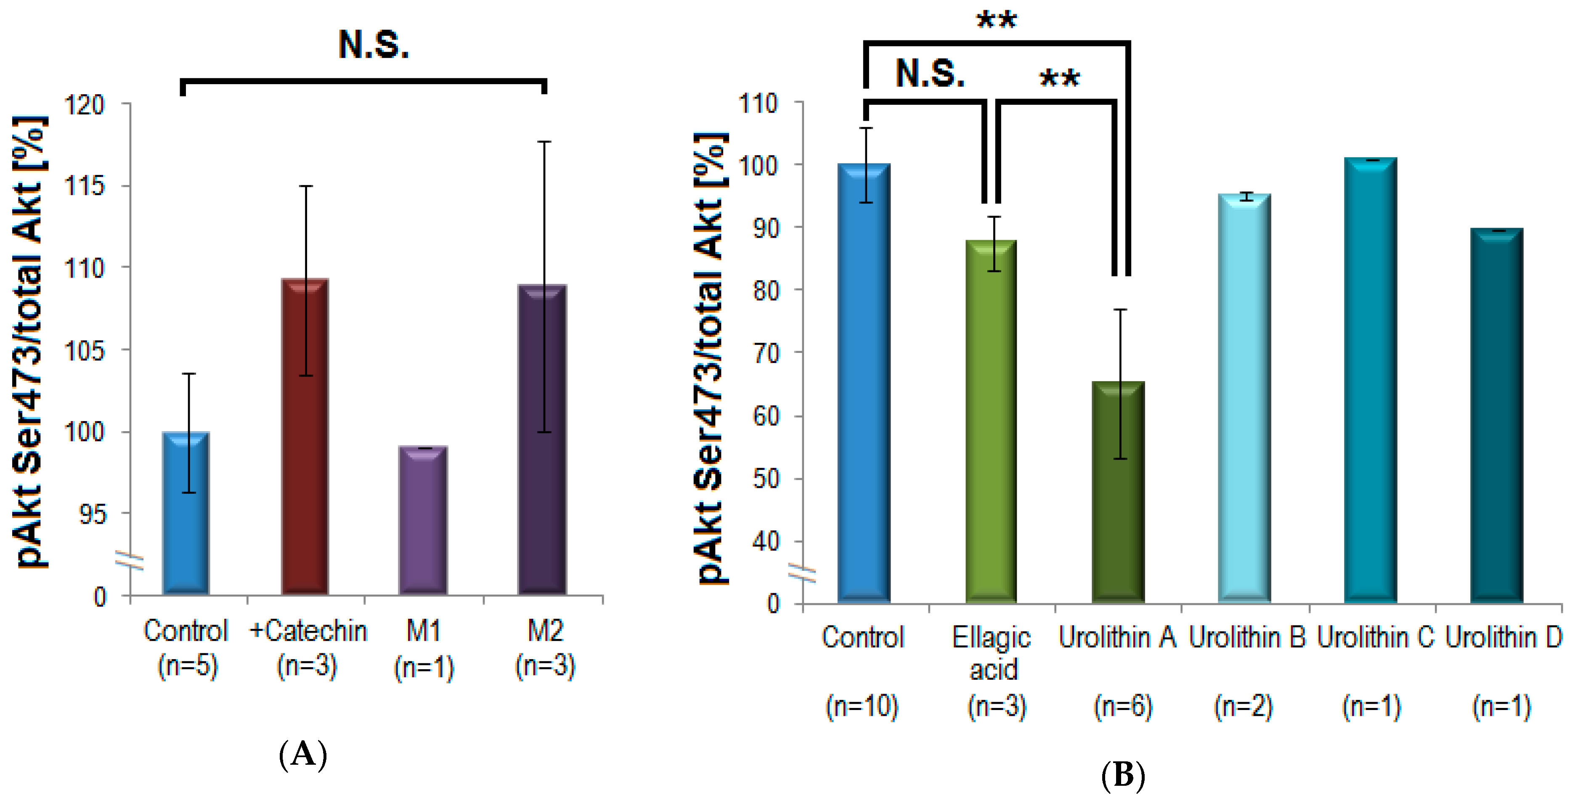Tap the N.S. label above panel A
tap(374, 45)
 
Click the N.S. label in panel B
tap(930, 74)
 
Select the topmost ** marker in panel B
tap(996, 20)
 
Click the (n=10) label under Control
tap(862, 706)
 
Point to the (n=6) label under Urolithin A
tap(1123, 706)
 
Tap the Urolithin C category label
tap(1375, 638)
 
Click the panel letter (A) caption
tap(302, 755)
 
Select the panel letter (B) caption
tap(1123, 775)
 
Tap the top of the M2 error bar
tap(544, 142)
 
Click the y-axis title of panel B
tap(711, 358)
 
